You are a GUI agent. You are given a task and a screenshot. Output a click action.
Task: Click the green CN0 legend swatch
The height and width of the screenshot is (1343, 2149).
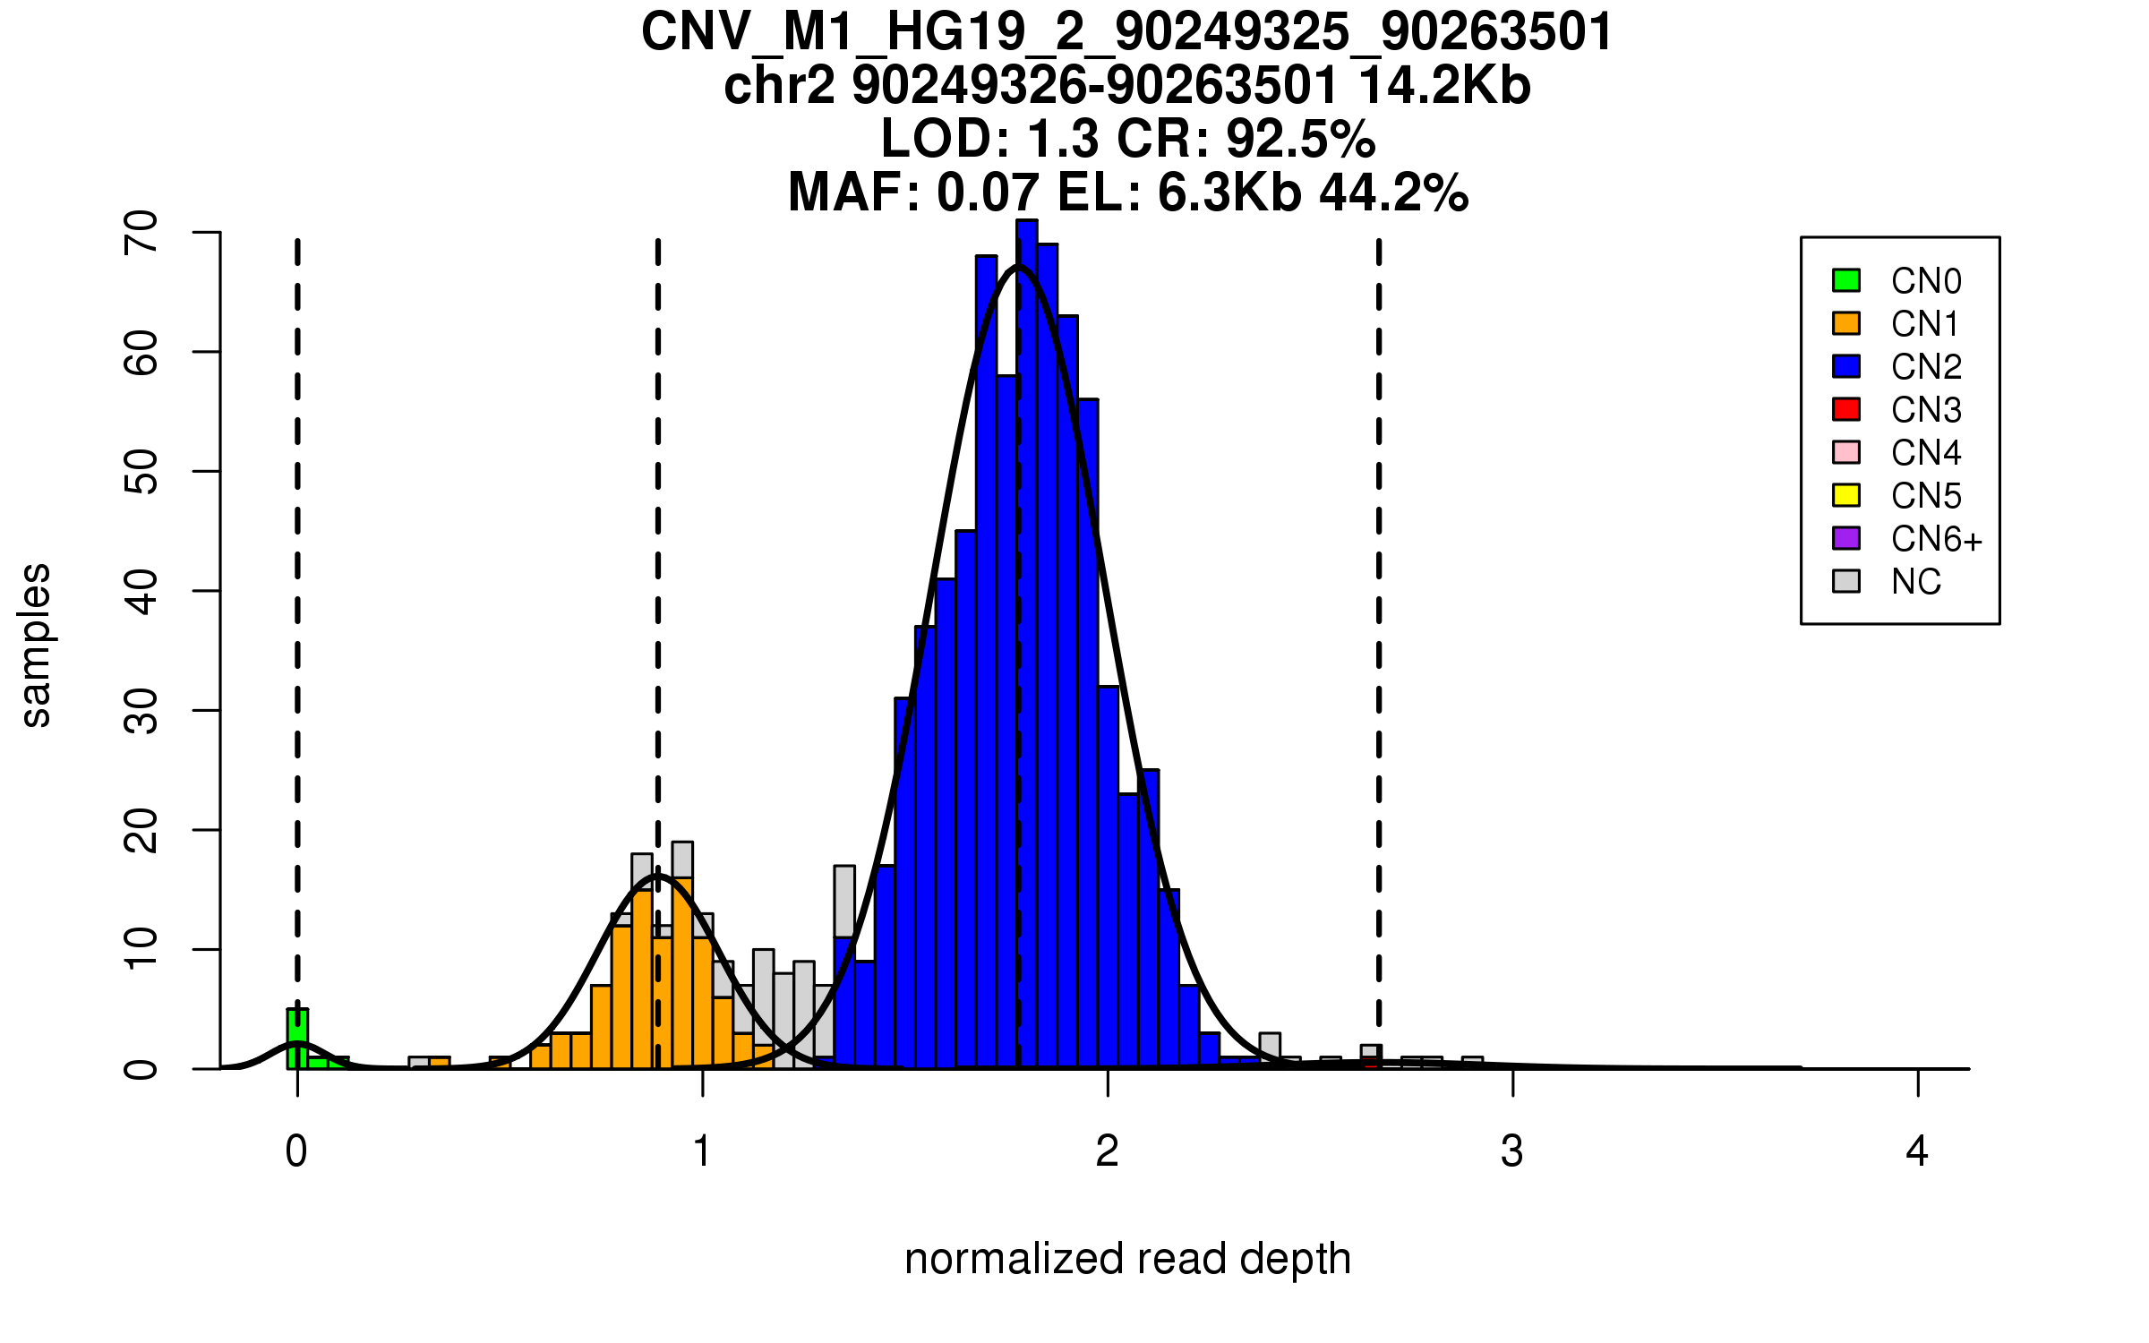[x=1846, y=280]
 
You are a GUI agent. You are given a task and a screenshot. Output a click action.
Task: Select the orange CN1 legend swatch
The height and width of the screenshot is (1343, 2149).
[x=1846, y=323]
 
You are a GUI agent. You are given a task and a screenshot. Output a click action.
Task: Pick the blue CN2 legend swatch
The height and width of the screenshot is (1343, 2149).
[x=1846, y=366]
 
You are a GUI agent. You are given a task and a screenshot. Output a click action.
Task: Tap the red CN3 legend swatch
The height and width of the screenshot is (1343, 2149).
[x=1846, y=409]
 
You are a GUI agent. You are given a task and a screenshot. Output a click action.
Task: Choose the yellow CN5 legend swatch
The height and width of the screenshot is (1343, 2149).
[x=1846, y=495]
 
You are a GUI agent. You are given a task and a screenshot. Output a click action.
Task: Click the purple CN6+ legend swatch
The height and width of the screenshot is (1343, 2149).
[x=1846, y=538]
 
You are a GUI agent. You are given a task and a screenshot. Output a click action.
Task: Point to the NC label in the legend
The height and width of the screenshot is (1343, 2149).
[x=1915, y=582]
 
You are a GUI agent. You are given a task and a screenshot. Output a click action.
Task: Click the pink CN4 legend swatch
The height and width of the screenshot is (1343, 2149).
[x=1846, y=452]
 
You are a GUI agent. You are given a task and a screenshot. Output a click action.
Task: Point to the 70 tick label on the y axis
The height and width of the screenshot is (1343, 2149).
[x=141, y=233]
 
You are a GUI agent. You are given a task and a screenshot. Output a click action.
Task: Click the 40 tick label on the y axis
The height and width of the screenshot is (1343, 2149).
[x=141, y=591]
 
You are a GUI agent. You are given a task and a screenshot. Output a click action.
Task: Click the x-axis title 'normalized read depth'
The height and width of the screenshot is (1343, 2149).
[x=1127, y=1259]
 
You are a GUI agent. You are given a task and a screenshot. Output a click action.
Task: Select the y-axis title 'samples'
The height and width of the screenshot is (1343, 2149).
[x=36, y=645]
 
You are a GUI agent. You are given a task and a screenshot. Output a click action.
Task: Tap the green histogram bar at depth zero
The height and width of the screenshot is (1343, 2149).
[x=297, y=1039]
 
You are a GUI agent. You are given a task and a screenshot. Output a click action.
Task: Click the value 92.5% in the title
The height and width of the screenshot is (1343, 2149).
[x=1300, y=139]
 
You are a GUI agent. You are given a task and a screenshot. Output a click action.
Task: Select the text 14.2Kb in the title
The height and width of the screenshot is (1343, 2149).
[x=1444, y=86]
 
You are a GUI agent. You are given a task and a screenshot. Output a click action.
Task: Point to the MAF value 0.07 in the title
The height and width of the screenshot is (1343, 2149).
[x=988, y=192]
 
